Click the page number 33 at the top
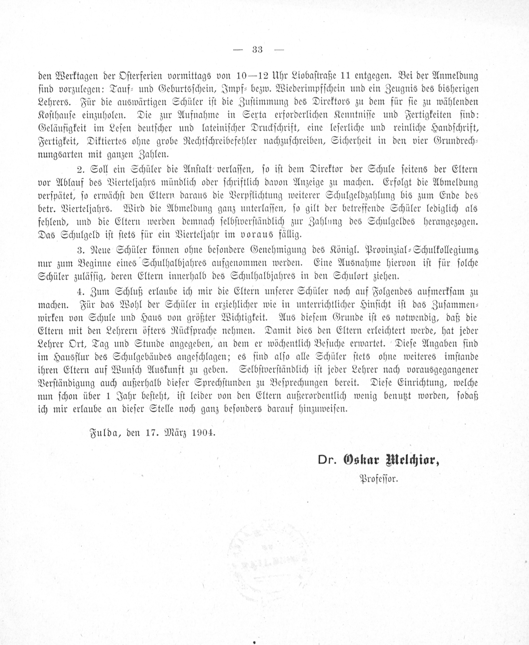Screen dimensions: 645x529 click(x=258, y=50)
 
